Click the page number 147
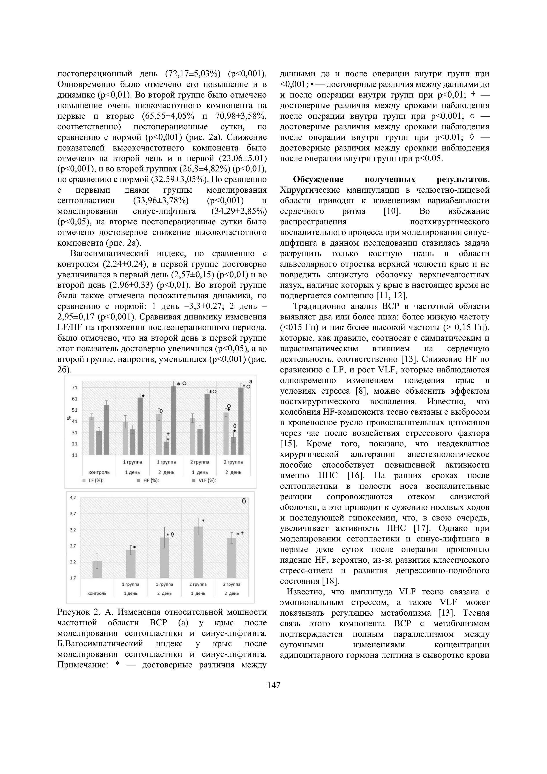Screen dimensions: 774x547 [273, 685]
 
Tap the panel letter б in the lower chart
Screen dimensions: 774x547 [244, 501]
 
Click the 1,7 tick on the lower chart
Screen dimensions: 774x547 [73, 578]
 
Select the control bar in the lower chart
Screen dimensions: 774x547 [97, 570]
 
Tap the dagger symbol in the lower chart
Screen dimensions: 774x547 [242, 533]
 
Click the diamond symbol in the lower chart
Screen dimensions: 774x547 [172, 534]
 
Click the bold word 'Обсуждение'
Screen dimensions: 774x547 [318, 179]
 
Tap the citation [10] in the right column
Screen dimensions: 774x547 [392, 211]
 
